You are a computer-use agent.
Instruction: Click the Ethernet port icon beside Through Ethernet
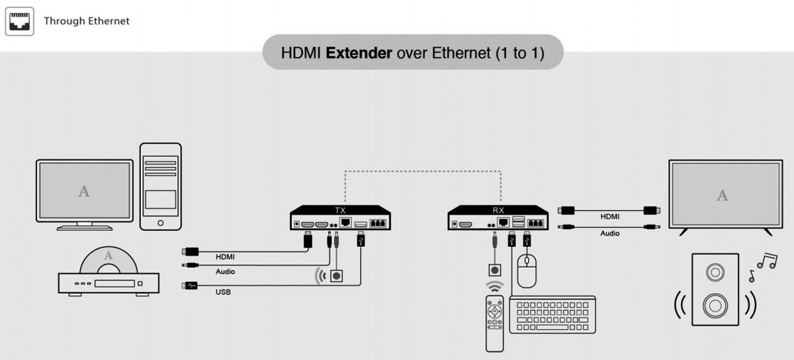[x=20, y=21]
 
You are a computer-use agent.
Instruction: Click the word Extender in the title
[x=359, y=53]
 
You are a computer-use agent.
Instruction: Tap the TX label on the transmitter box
[x=341, y=210]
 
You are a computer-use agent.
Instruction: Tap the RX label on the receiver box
[x=498, y=210]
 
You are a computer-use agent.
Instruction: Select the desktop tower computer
[x=161, y=187]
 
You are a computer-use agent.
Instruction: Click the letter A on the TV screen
[x=723, y=195]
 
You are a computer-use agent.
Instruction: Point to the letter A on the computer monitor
[x=84, y=191]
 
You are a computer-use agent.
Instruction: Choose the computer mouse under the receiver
[x=527, y=273]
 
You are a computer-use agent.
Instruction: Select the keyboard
[x=552, y=314]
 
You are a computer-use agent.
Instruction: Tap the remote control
[x=495, y=323]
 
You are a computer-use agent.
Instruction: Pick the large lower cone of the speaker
[x=715, y=305]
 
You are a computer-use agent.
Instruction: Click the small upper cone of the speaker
[x=715, y=271]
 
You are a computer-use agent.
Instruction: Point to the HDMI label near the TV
[x=610, y=216]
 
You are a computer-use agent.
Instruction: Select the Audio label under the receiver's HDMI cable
[x=610, y=233]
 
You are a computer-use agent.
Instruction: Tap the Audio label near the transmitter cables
[x=225, y=271]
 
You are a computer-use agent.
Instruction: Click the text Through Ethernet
[x=87, y=21]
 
